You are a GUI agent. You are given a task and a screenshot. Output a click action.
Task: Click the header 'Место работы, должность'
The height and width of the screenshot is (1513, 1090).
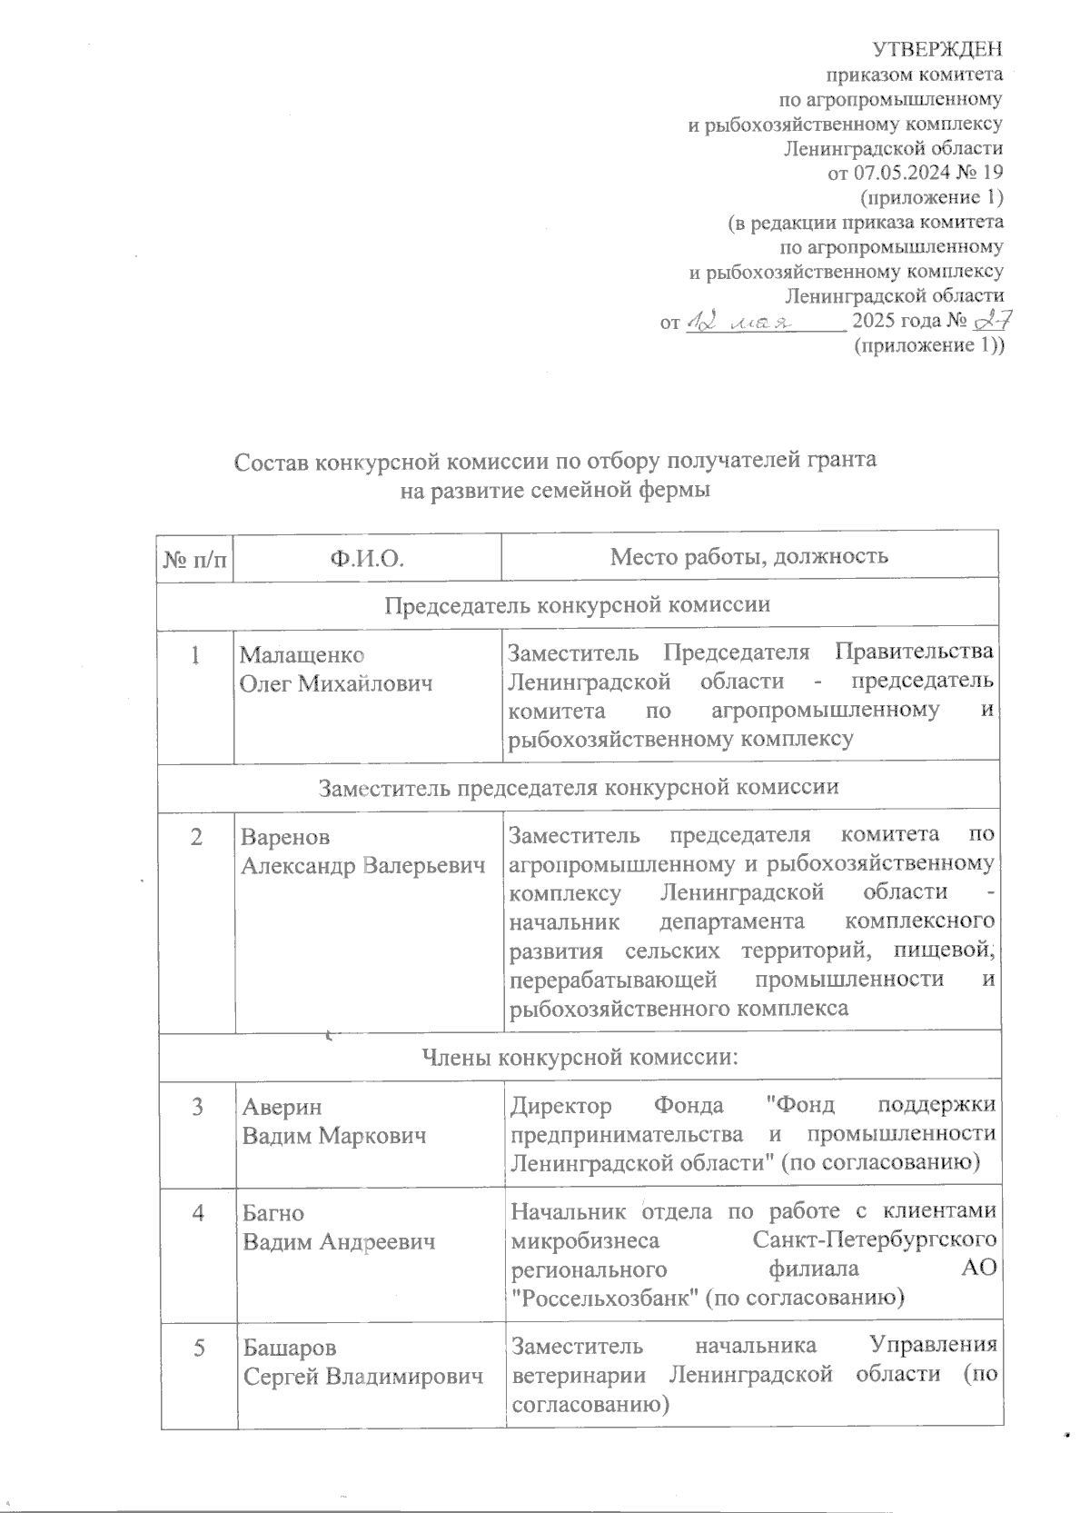click(748, 555)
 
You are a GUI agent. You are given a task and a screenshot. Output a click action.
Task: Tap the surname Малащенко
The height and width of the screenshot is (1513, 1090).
click(302, 654)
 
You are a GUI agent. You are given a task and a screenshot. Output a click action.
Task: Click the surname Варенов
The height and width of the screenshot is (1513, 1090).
click(286, 836)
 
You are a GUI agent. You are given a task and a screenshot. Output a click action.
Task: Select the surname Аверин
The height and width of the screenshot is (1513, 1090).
click(282, 1107)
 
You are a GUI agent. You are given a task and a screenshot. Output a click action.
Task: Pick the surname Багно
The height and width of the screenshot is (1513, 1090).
click(273, 1213)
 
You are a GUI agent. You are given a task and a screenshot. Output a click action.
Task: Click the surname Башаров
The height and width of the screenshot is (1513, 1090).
click(289, 1347)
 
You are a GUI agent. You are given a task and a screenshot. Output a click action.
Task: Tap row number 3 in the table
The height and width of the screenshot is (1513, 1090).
click(197, 1107)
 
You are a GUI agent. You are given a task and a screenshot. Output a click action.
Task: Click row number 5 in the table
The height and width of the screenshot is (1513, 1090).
click(197, 1347)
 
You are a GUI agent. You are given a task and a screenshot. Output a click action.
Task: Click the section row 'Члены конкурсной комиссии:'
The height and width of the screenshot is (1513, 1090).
click(579, 1057)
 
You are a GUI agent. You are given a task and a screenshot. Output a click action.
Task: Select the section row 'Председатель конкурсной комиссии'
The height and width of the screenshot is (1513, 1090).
click(578, 604)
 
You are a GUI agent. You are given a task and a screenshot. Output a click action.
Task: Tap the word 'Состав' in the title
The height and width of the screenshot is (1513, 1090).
click(271, 461)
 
